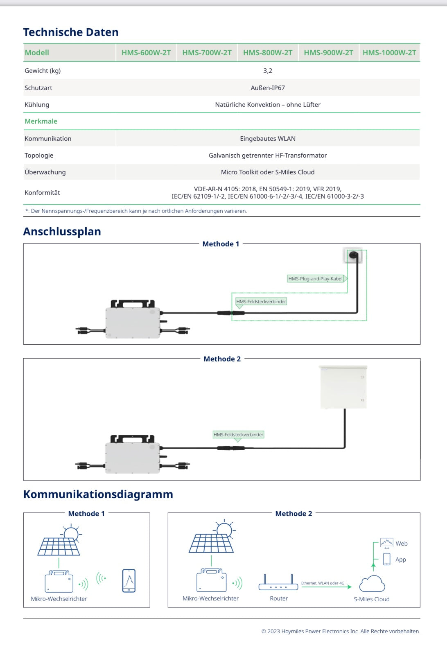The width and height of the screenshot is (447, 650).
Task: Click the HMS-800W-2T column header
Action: coord(268,53)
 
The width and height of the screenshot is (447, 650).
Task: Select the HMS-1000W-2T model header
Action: coord(389,53)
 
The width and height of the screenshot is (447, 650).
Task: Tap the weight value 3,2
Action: coord(268,71)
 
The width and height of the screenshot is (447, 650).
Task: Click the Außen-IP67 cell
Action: coord(268,88)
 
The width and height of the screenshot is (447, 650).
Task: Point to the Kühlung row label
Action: coord(37,105)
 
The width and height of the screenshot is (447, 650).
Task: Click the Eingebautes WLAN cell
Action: coord(268,139)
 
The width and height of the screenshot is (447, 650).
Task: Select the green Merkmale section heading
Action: coord(41,122)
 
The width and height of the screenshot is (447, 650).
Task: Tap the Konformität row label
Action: coord(42,193)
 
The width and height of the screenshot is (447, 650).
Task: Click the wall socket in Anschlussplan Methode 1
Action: coord(353,256)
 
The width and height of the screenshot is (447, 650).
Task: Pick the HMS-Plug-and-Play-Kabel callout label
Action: coord(316,279)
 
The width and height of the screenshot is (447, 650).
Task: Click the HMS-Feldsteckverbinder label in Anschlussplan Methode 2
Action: coord(238,435)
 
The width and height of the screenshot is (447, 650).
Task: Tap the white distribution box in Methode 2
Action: coord(343,387)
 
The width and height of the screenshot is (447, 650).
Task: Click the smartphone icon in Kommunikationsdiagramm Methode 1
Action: coord(129,580)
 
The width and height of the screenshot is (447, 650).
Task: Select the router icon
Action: coord(278,584)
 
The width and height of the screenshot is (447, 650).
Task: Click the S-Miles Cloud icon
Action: coord(372,584)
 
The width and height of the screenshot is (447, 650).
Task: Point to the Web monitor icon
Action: coord(386,543)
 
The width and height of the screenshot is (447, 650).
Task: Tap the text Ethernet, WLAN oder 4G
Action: coord(323,583)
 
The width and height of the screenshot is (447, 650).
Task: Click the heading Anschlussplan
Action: coord(62,232)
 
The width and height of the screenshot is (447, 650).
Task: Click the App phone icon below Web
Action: coord(387,559)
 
